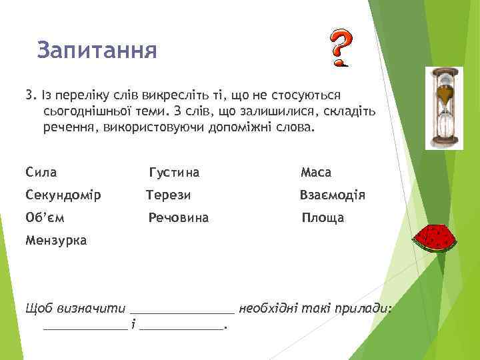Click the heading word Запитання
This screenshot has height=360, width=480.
[x=97, y=50]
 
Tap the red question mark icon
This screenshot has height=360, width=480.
[x=341, y=48]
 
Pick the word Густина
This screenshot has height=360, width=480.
[x=174, y=173]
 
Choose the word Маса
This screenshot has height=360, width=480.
[x=316, y=173]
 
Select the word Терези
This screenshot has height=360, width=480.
[x=169, y=195]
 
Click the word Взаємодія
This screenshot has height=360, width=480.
[x=332, y=195]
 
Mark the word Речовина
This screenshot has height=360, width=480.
[x=179, y=217]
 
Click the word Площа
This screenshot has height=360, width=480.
[x=323, y=217]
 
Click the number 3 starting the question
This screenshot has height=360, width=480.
[x=29, y=95]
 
